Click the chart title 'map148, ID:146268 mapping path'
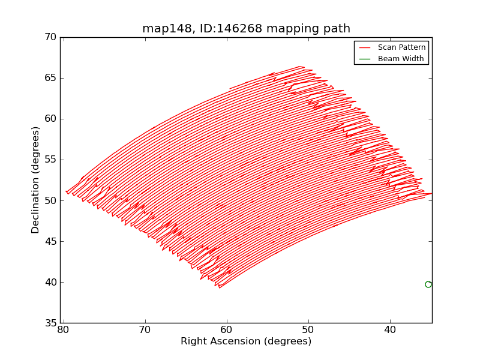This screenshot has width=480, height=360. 246,29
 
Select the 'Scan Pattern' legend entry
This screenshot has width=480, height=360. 401,47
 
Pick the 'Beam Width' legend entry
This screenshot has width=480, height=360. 401,59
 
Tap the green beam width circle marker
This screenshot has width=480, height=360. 428,284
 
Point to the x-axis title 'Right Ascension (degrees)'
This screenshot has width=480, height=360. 246,341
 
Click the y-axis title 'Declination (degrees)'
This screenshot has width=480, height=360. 36,180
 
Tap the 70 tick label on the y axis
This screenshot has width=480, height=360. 50,37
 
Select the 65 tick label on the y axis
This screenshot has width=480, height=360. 50,78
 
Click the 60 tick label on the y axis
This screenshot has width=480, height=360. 50,119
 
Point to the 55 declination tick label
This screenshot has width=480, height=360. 50,160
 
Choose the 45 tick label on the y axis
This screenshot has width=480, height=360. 50,242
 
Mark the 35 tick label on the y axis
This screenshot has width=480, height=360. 50,323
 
